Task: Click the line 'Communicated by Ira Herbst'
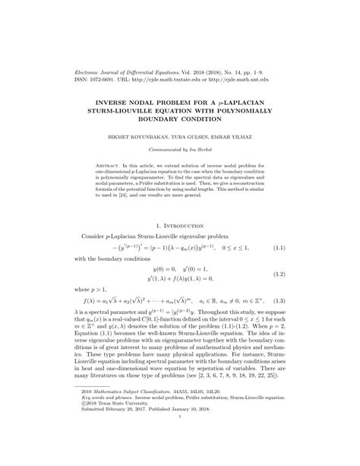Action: [179, 150]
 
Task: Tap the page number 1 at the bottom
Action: [179, 436]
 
